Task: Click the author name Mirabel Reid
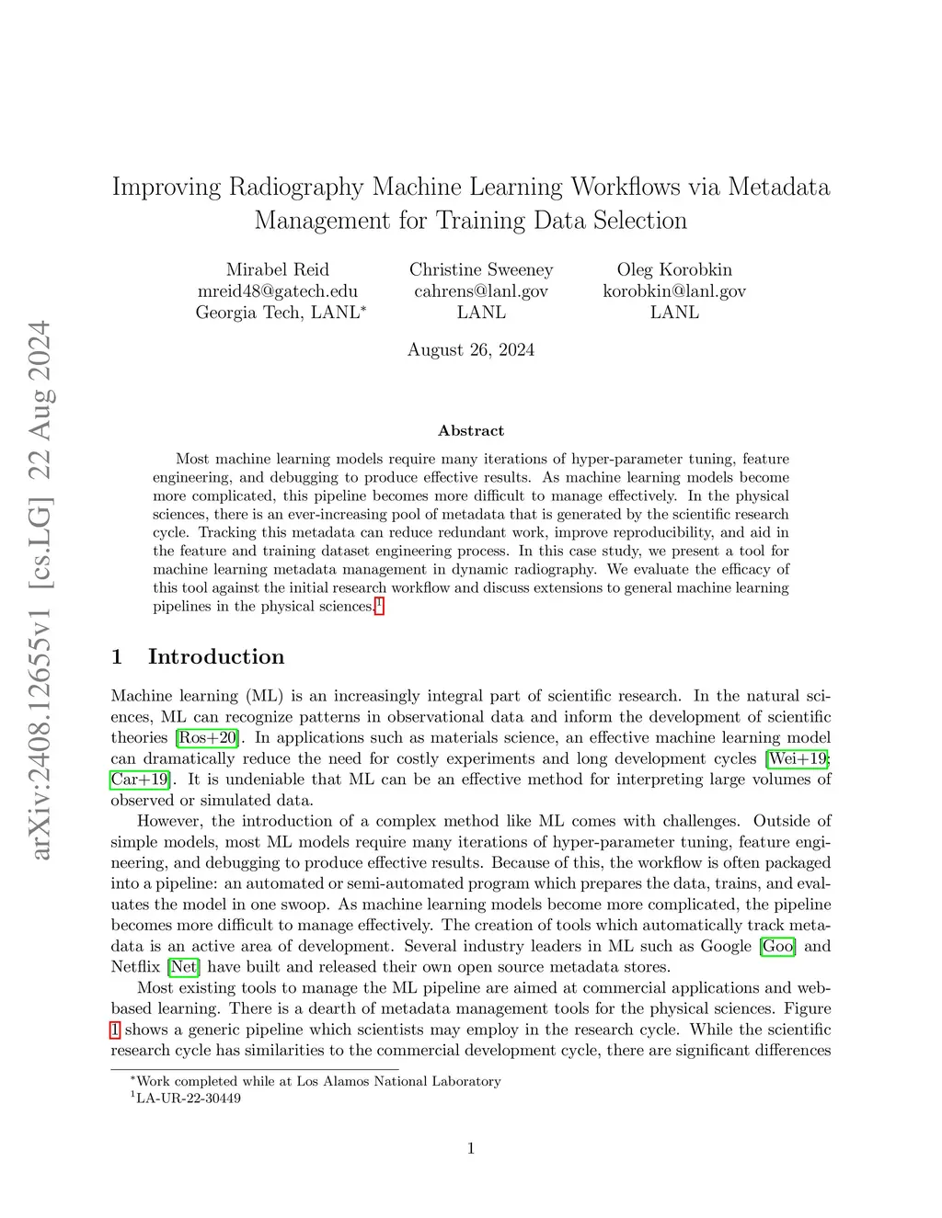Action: pos(277,269)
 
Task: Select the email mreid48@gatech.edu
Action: pos(277,290)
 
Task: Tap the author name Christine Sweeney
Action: pos(481,269)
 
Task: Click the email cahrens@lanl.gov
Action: pos(481,290)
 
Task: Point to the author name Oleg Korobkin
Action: pos(674,269)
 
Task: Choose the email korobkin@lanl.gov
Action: pos(674,290)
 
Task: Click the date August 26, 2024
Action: pos(471,349)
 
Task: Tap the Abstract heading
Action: pos(471,430)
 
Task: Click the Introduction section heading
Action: pos(215,656)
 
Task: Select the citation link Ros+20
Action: pos(208,737)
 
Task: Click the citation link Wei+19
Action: pos(798,758)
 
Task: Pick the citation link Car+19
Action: pos(140,780)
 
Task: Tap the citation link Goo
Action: pos(777,946)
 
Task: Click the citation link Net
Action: pos(183,967)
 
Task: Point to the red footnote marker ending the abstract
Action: pos(379,605)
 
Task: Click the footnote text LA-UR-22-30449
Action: pos(188,1098)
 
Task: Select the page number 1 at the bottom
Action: pos(471,1147)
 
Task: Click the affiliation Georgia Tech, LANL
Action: pos(280,313)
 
